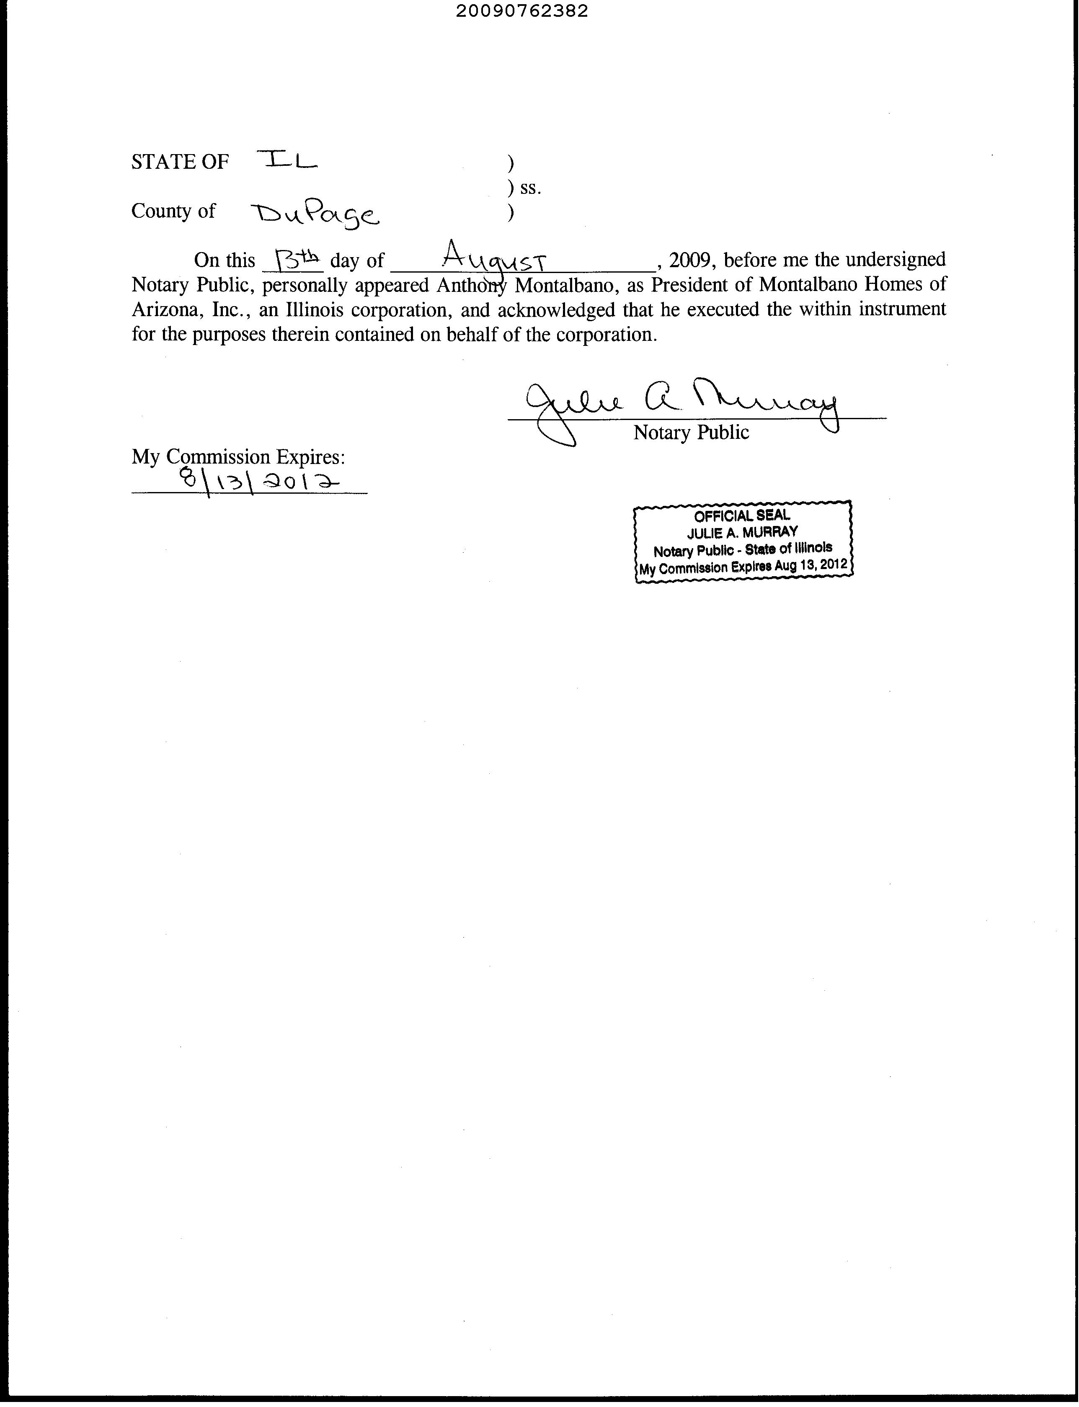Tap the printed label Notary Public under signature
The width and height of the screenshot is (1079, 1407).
pos(691,432)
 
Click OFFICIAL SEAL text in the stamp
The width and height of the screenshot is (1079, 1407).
pos(742,515)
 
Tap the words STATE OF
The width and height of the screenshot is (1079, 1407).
pos(180,162)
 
